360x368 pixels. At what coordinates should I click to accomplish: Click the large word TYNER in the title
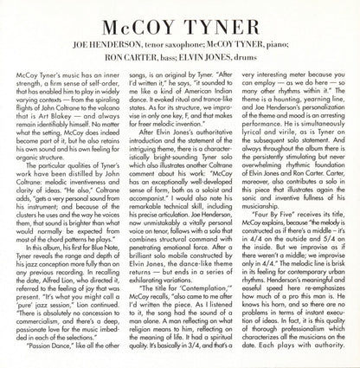pos(221,20)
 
